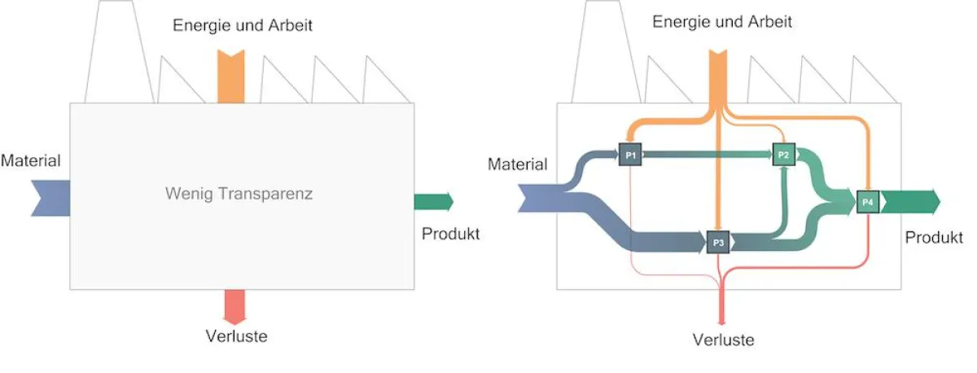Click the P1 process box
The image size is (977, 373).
(x=631, y=154)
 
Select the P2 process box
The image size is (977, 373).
(x=783, y=154)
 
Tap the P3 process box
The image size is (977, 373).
(x=717, y=242)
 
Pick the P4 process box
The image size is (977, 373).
(x=868, y=200)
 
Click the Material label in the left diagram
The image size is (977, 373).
(x=31, y=160)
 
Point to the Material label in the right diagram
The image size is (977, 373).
(x=518, y=165)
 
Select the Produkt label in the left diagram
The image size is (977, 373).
(x=450, y=234)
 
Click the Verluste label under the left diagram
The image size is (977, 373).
(x=235, y=335)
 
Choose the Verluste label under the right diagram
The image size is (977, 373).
(x=723, y=340)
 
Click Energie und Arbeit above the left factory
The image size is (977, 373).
(x=243, y=25)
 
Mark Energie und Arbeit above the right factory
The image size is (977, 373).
(x=722, y=21)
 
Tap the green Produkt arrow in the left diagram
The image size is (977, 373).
(x=433, y=201)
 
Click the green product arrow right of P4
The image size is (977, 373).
(x=909, y=200)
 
